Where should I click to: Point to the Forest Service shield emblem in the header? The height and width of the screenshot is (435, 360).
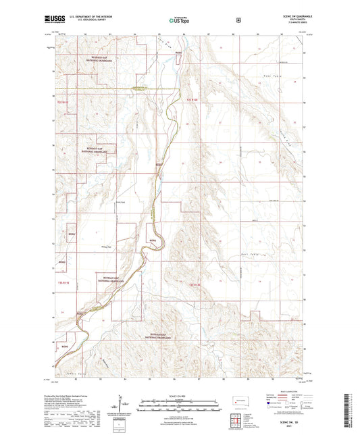pos(238,20)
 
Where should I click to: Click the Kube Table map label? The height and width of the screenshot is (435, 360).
pos(273,78)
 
